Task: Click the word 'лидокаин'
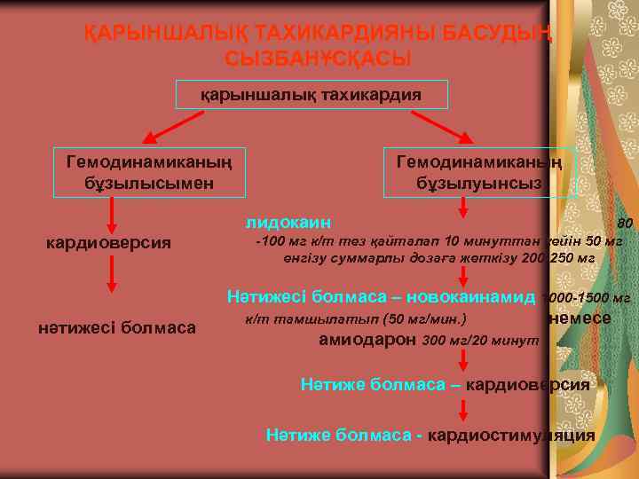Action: (289, 220)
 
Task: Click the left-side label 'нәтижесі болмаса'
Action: (117, 328)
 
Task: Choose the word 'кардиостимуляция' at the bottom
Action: (511, 435)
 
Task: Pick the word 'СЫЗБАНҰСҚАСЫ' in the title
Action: (318, 59)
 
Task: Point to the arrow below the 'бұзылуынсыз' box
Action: (462, 208)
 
